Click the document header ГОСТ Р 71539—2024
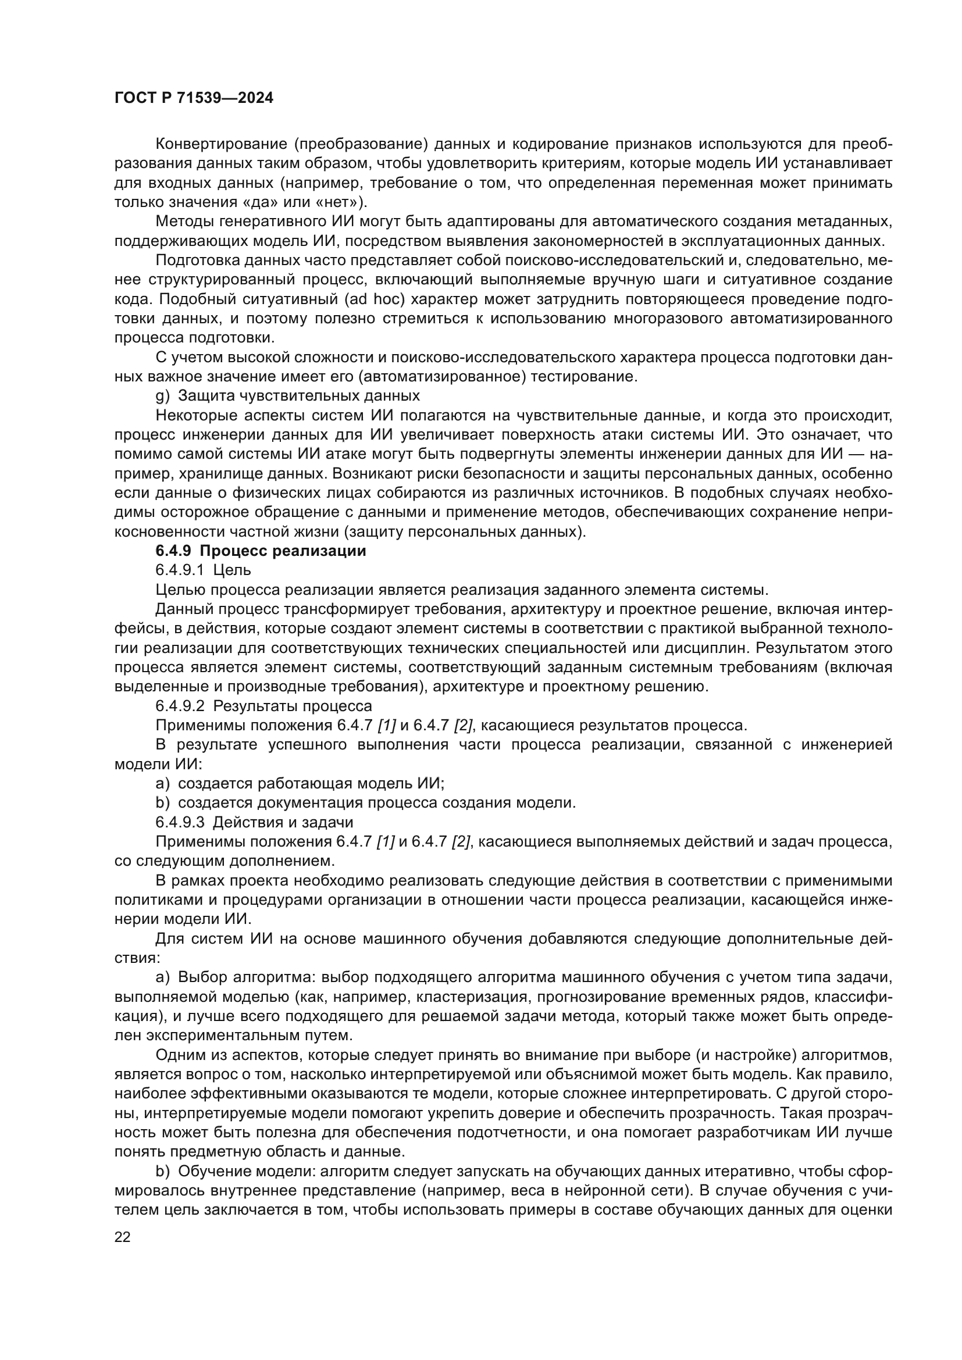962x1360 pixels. pos(194,98)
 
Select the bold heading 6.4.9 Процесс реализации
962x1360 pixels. pos(261,551)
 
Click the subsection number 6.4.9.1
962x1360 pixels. pos(180,570)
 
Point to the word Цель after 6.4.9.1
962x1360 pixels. pos(232,570)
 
